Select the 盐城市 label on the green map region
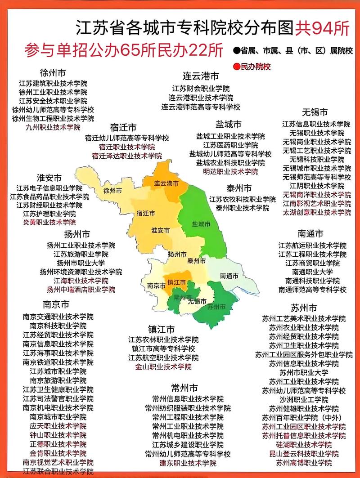pyautogui.click(x=201, y=223)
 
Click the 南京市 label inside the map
pyautogui.click(x=157, y=286)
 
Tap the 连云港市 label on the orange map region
pyautogui.click(x=166, y=183)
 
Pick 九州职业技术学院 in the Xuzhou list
pyautogui.click(x=53, y=127)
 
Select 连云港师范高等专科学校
pyautogui.click(x=201, y=107)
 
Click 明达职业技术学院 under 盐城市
pyautogui.click(x=230, y=171)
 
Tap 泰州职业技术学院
pyautogui.click(x=242, y=208)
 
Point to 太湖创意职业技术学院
pyautogui.click(x=316, y=212)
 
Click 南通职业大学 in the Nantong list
pyautogui.click(x=312, y=272)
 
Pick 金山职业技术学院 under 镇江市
pyautogui.click(x=163, y=367)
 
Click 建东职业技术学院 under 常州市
pyautogui.click(x=188, y=463)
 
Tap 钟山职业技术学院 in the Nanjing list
pyautogui.click(x=58, y=435)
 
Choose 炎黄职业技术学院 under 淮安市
pyautogui.click(x=49, y=222)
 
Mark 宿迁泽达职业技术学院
pyautogui.click(x=127, y=156)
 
